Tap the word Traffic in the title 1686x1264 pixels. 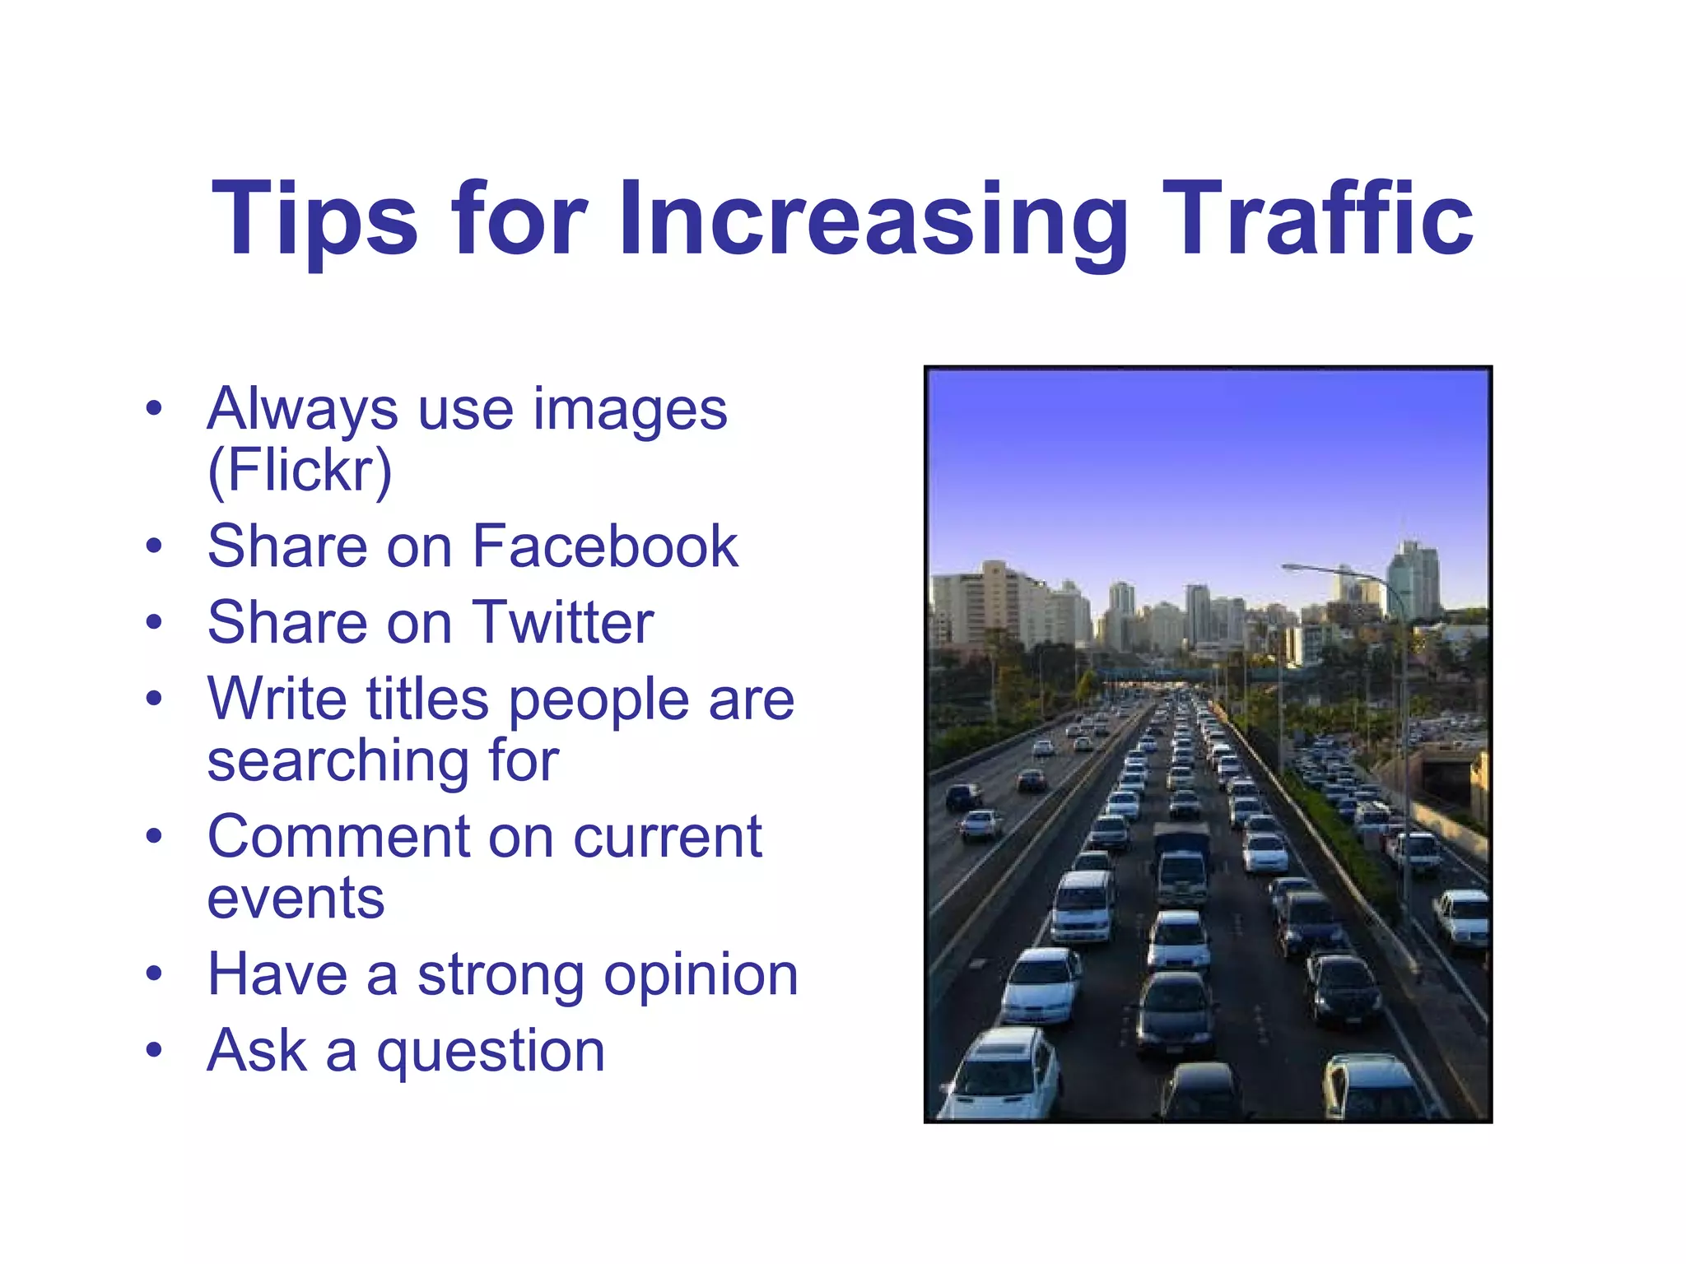(x=1316, y=219)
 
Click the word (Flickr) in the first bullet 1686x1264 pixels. (x=300, y=471)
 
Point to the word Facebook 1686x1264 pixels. (x=605, y=546)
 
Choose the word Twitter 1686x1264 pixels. (x=562, y=623)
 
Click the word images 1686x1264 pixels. (x=631, y=410)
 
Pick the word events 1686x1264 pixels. (x=296, y=899)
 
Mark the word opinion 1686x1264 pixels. (x=701, y=975)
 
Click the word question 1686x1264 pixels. (x=491, y=1052)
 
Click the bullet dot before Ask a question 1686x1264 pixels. (x=154, y=1051)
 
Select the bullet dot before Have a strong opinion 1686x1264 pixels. (x=154, y=974)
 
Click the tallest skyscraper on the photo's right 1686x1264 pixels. (x=1413, y=580)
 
